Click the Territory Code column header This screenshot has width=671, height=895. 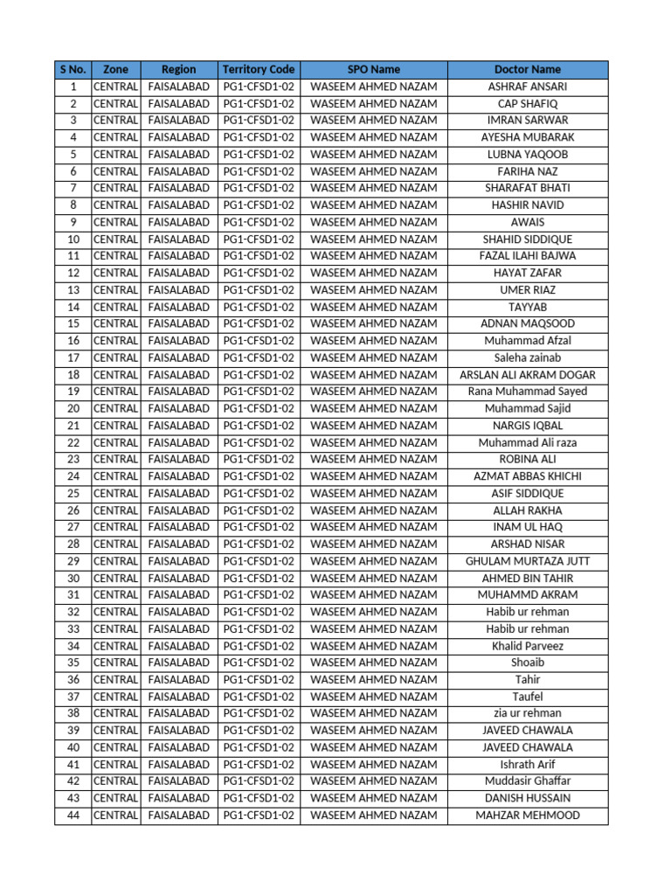point(259,69)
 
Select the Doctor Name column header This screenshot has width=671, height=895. point(528,69)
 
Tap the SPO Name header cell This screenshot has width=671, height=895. point(374,69)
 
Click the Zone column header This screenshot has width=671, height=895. point(115,69)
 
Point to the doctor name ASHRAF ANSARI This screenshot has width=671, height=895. point(528,87)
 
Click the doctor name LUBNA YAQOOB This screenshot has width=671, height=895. point(528,155)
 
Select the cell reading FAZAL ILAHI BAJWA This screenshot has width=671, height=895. point(528,256)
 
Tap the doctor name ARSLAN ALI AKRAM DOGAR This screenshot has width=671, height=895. point(528,375)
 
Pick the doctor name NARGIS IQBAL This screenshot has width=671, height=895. point(528,426)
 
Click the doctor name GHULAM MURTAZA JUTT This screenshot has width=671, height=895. point(528,561)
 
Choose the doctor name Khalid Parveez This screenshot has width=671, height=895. point(528,646)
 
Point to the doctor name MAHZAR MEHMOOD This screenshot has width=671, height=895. point(528,815)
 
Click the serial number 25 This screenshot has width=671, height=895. point(73,494)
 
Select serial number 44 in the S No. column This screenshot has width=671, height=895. point(73,815)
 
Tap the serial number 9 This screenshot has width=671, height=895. point(73,222)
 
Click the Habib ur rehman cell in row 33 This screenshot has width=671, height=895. point(528,629)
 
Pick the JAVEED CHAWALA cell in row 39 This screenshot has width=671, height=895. point(528,731)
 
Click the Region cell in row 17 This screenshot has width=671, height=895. point(179,357)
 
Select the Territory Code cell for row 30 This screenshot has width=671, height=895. point(259,579)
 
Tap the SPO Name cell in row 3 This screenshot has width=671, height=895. point(374,121)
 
